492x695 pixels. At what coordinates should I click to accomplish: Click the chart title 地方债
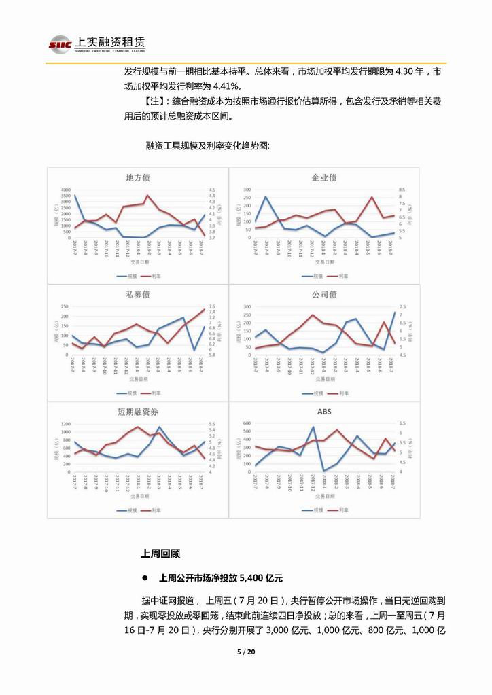click(x=138, y=177)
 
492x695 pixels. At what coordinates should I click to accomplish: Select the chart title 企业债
click(x=324, y=177)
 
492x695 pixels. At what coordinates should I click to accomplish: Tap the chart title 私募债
click(x=138, y=296)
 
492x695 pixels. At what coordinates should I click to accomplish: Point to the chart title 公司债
click(x=324, y=295)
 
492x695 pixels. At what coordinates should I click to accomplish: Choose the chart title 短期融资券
click(x=138, y=412)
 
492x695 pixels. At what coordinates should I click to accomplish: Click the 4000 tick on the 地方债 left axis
click(x=65, y=190)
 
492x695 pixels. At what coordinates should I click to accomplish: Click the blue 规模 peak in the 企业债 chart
click(x=265, y=197)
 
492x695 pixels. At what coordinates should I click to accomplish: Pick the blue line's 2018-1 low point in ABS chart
click(x=324, y=470)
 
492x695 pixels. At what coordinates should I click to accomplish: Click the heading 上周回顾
click(x=160, y=554)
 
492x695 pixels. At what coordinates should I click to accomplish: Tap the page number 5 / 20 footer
click(x=245, y=652)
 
